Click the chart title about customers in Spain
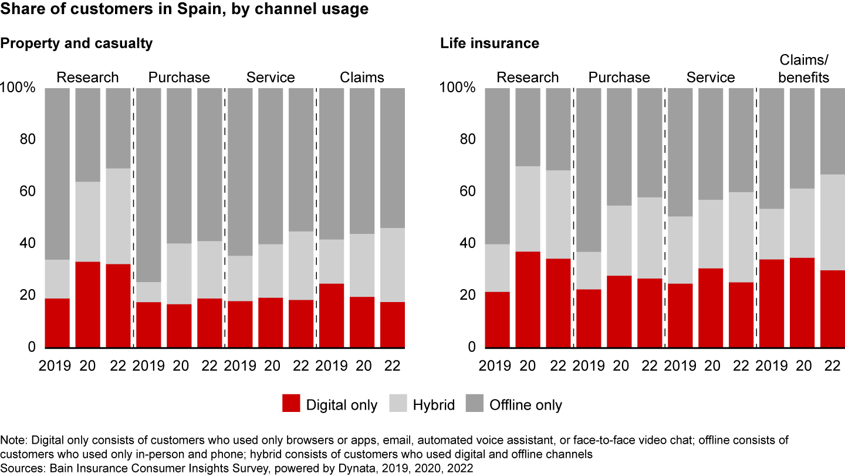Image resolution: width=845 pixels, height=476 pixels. click(184, 10)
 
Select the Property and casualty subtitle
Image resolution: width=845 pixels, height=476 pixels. click(76, 43)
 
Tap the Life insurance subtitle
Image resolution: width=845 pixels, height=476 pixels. click(489, 43)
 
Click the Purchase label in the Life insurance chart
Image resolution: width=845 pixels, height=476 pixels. click(619, 78)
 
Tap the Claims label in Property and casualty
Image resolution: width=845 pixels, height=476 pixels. click(362, 78)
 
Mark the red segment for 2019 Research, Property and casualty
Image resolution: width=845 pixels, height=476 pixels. click(58, 323)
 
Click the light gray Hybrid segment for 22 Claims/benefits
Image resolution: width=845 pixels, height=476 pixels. click(832, 222)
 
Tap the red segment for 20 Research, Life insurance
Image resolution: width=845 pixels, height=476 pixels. click(528, 299)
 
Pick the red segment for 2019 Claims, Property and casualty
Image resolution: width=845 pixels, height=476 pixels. click(332, 315)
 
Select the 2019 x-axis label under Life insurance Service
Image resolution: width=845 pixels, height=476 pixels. click(680, 365)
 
